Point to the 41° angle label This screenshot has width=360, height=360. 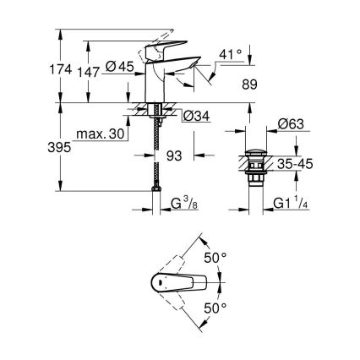(x=229, y=54)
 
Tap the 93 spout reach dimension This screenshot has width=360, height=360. (x=173, y=156)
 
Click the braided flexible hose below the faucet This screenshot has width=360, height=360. (x=157, y=169)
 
